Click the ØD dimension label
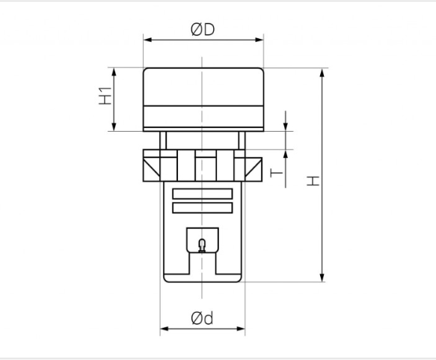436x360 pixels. coord(203,29)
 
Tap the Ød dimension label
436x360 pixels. coord(202,318)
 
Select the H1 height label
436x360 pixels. coord(105,96)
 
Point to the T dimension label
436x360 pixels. coord(277,173)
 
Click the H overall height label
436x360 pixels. coord(313,181)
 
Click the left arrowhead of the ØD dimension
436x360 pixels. coord(147,40)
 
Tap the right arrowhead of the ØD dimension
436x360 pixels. coord(260,40)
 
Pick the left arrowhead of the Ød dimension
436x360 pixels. coord(165,329)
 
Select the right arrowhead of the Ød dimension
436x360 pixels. coord(241,329)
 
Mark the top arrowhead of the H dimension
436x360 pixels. coord(322,73)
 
